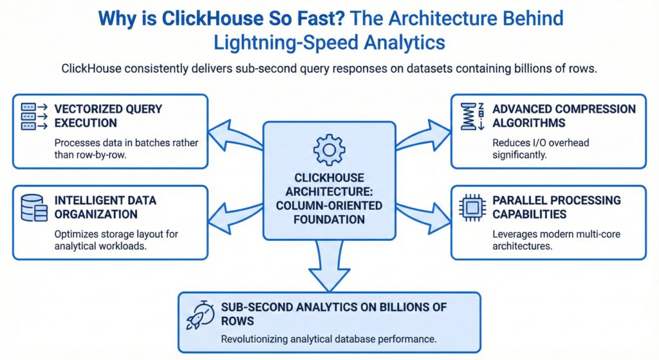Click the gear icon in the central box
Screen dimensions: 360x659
point(329,149)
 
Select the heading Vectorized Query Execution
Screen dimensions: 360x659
point(108,115)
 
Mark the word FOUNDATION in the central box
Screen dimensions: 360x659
point(329,220)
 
